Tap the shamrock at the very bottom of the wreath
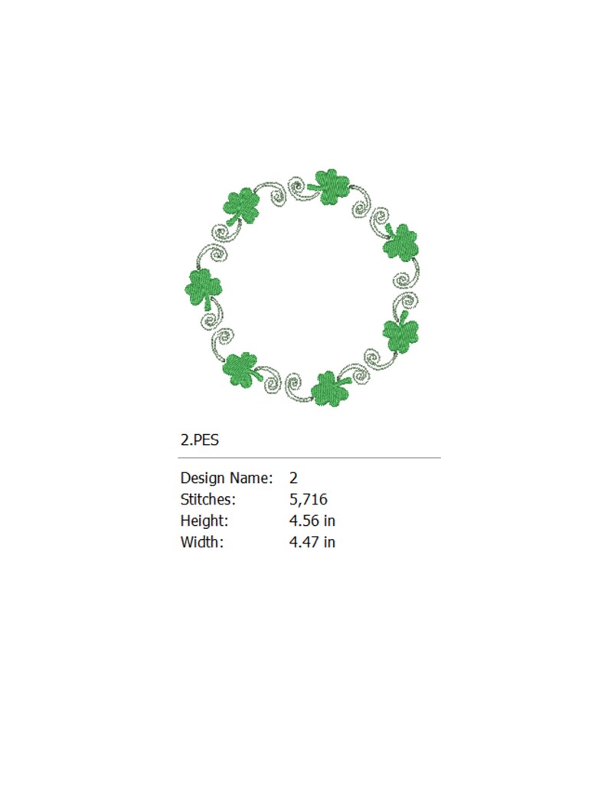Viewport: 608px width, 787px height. click(329, 390)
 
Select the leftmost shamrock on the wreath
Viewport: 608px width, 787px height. click(204, 287)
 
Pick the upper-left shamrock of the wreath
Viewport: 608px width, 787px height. click(242, 205)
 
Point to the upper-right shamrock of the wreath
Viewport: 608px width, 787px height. click(400, 244)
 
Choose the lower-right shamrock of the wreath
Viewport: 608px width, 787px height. click(400, 334)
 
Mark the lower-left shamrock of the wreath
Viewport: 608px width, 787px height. click(240, 369)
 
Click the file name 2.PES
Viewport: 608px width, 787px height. click(201, 440)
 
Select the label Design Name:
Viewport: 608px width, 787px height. click(226, 478)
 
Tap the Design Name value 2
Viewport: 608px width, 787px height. click(293, 478)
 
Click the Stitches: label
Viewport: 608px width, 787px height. click(208, 499)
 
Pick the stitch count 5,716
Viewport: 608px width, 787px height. click(309, 499)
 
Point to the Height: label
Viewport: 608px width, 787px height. click(204, 521)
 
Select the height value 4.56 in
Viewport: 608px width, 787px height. click(312, 521)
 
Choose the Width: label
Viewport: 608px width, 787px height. click(202, 542)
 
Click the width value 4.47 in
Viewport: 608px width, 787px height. click(312, 542)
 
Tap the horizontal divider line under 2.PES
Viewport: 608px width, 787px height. click(309, 458)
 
